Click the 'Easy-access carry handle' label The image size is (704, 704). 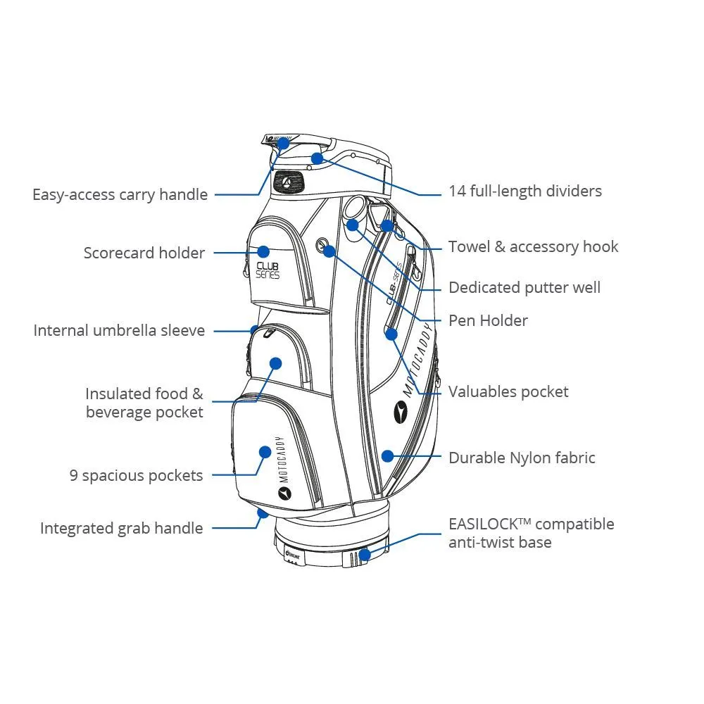click(120, 194)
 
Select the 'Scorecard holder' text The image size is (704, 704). click(144, 253)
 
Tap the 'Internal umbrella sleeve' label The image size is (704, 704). click(119, 330)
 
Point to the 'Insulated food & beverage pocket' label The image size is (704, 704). click(144, 403)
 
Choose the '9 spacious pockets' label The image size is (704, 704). click(136, 475)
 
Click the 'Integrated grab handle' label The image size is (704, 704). click(121, 528)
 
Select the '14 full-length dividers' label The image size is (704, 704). click(525, 191)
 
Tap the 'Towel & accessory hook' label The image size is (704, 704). click(533, 246)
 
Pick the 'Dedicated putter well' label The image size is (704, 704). click(524, 287)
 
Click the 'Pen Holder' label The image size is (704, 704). click(488, 320)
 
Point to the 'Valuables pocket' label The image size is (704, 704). click(508, 391)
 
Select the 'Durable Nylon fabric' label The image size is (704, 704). click(522, 458)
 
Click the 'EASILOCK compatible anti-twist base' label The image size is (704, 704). click(531, 533)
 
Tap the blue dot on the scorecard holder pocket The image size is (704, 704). click(263, 251)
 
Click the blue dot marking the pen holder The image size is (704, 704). click(329, 250)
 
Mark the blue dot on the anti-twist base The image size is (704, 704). click(364, 554)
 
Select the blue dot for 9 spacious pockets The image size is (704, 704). click(265, 452)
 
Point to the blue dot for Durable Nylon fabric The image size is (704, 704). click(386, 456)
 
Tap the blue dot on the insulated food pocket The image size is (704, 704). click(275, 363)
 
